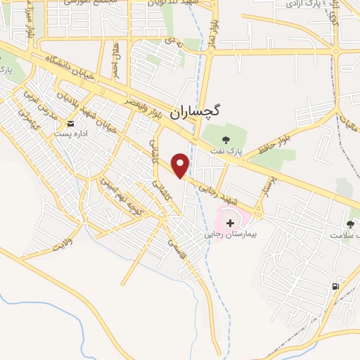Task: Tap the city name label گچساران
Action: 214,110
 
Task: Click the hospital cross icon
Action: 231,222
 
